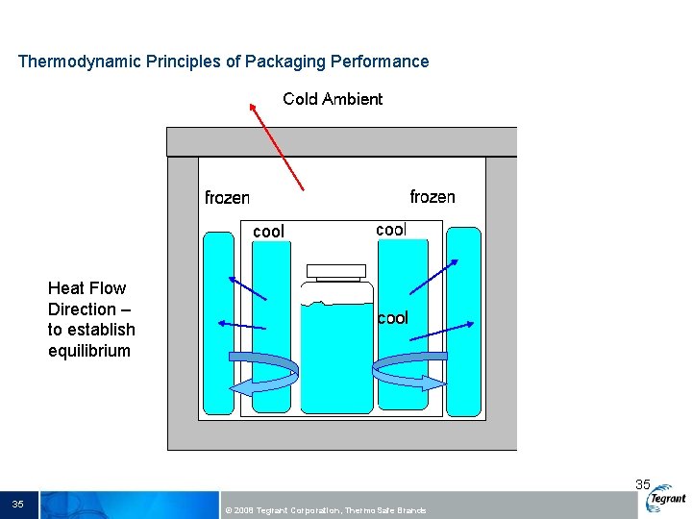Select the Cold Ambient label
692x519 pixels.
[x=333, y=99]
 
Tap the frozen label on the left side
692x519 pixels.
[x=227, y=198]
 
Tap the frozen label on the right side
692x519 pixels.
[x=432, y=197]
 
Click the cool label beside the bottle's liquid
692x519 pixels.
[x=392, y=318]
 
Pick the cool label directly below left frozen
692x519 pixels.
[x=268, y=232]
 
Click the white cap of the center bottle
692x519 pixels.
[x=335, y=271]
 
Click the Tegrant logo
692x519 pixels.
[x=667, y=499]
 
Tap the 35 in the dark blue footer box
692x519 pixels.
[x=18, y=505]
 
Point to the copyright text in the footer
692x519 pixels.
[x=324, y=510]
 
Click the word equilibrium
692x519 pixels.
[x=89, y=351]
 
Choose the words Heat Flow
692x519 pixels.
[x=86, y=288]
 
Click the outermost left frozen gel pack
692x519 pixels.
[x=219, y=322]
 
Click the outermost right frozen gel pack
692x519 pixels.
[x=463, y=322]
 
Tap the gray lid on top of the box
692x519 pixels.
[x=341, y=141]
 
